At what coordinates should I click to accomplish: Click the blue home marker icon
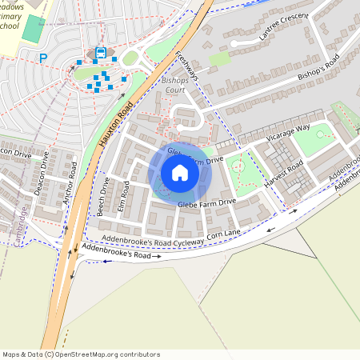(180, 173)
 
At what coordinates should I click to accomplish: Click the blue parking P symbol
(43, 58)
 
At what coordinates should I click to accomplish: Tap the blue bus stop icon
(100, 53)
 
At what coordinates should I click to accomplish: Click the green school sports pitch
(34, 29)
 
